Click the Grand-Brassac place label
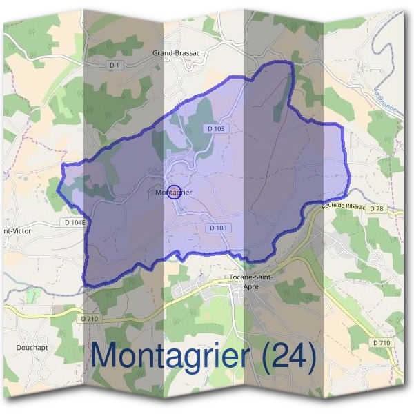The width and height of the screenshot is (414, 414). coord(176,52)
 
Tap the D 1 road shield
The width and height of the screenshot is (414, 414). coord(115,66)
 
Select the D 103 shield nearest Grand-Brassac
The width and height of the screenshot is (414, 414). coord(216,129)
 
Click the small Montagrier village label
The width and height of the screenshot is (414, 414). coord(174,193)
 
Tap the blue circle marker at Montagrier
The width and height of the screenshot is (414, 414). coord(174,192)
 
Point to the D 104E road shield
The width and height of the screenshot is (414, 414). coord(75,222)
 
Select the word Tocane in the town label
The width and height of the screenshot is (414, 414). coord(241,278)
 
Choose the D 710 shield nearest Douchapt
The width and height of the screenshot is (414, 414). coord(90,318)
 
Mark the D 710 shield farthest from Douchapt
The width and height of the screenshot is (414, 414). coord(382,343)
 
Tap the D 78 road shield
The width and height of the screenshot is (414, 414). coord(376,208)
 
